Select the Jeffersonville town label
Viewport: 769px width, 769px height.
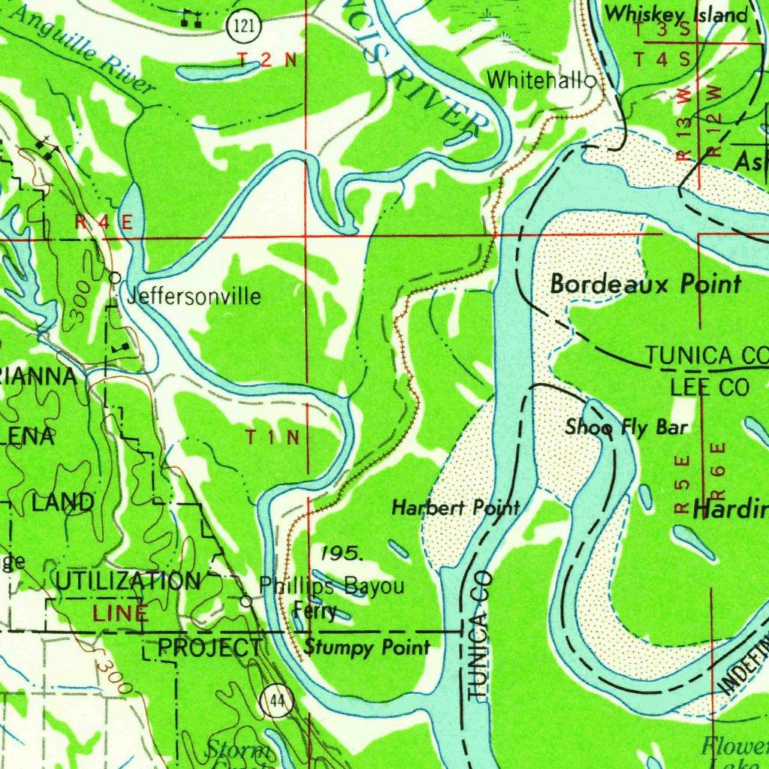coord(194,297)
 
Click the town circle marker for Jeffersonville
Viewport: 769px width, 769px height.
coord(115,277)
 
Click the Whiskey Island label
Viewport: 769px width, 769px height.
coord(677,14)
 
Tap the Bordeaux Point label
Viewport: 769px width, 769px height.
coord(646,284)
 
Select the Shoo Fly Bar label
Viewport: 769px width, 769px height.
coord(626,427)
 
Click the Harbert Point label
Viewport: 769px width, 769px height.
coord(455,508)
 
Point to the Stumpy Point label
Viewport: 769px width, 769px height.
coord(367,647)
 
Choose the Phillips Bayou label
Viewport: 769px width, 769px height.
coord(331,586)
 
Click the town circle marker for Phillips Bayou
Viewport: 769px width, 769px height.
coord(246,601)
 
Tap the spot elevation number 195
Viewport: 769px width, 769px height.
coord(342,554)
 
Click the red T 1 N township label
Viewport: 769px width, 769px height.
coord(273,437)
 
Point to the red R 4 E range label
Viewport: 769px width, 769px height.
coord(104,222)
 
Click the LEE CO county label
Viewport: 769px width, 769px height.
coord(710,388)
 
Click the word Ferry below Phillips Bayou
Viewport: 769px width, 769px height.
coord(315,611)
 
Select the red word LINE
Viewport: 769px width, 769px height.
coord(120,613)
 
